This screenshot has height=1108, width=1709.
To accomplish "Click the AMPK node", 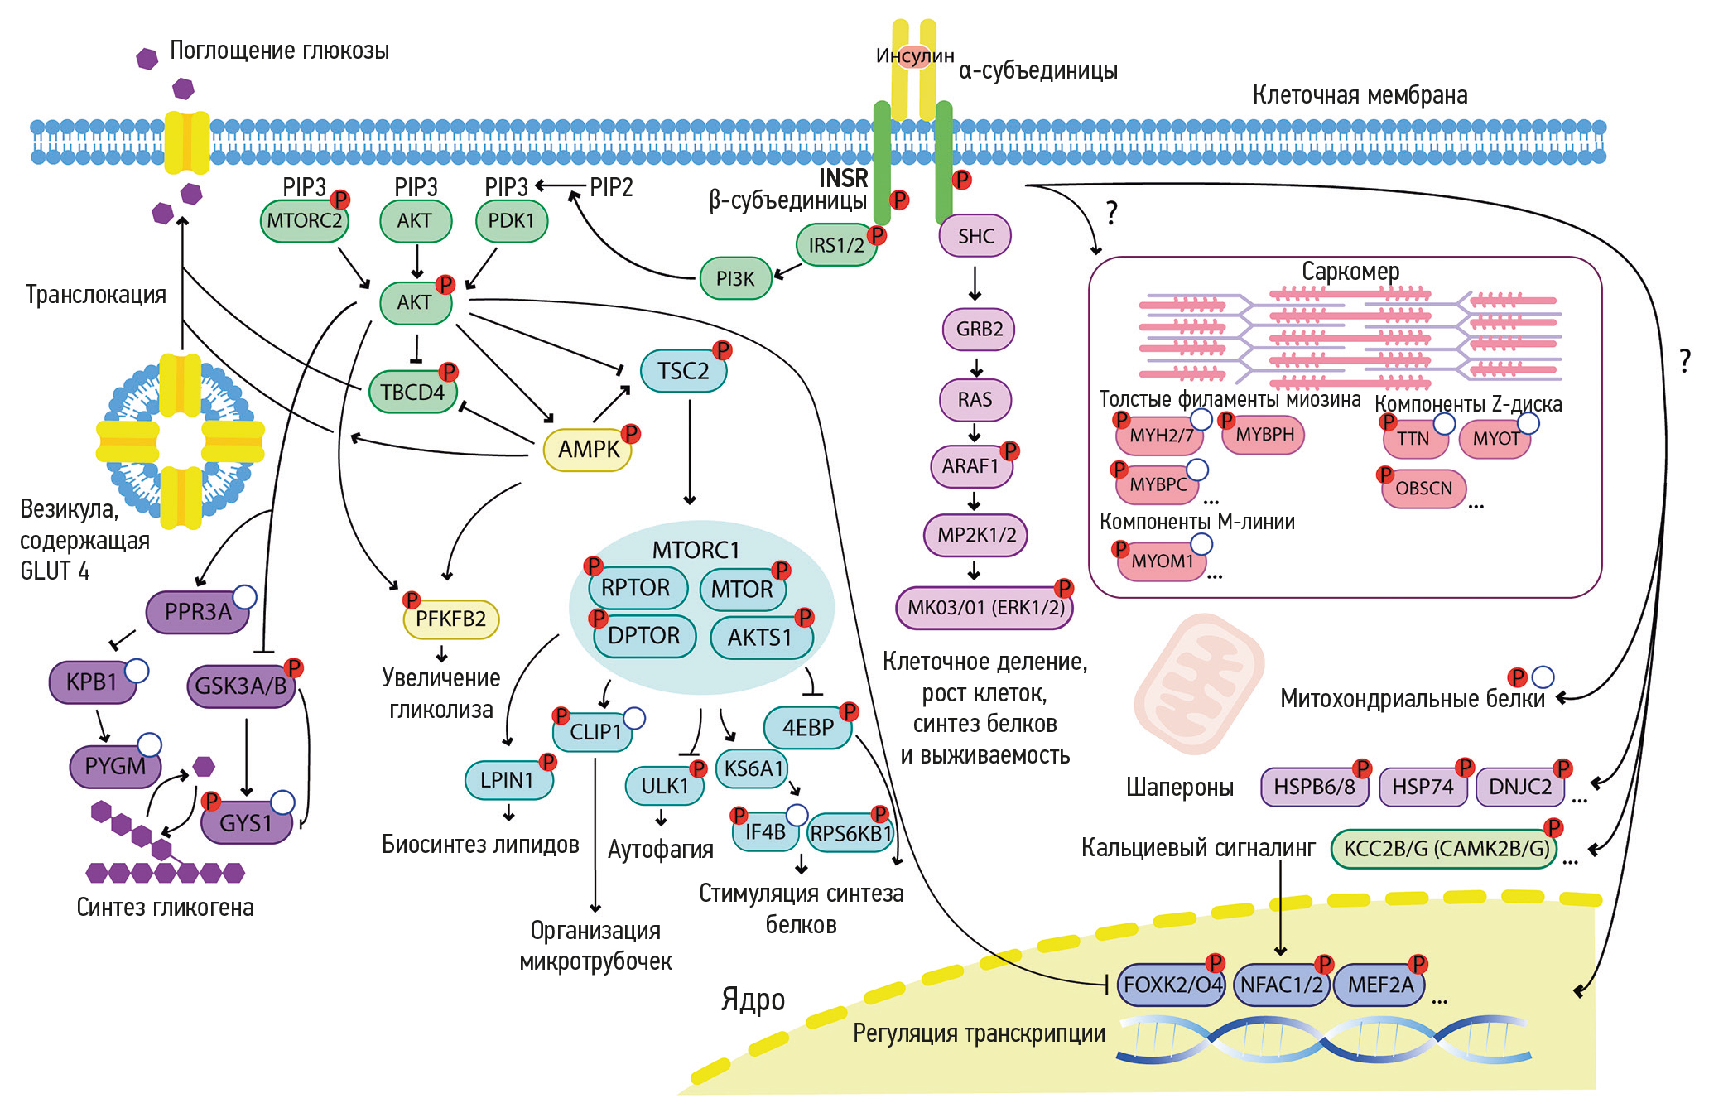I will [587, 450].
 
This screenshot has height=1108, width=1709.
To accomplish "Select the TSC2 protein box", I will [683, 371].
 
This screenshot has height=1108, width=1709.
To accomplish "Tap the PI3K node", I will [735, 279].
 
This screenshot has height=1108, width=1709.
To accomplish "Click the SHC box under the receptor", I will [975, 236].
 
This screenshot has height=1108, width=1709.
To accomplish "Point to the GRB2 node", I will [979, 329].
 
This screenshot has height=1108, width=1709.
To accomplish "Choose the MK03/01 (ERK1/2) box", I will [984, 608].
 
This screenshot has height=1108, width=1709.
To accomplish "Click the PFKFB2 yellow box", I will [450, 619].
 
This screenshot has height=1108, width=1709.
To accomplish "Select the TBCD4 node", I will [412, 393].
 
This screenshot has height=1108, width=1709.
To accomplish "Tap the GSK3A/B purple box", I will [241, 686].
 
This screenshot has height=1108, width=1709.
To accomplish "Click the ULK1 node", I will [665, 786].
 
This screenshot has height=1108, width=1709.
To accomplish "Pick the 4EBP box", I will [807, 728].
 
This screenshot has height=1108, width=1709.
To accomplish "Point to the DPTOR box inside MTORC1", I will [644, 636].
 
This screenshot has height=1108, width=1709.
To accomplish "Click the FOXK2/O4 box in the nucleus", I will [1172, 985].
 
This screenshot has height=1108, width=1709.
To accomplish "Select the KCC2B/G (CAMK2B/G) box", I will [1445, 849].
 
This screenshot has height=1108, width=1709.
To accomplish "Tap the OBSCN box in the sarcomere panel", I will [1423, 489].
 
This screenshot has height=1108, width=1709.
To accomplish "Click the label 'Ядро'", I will [753, 1000].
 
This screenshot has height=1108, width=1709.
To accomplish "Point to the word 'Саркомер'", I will [1350, 272].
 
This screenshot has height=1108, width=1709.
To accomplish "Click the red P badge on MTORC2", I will [339, 200].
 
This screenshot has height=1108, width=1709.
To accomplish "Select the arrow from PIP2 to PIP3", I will [561, 186].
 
